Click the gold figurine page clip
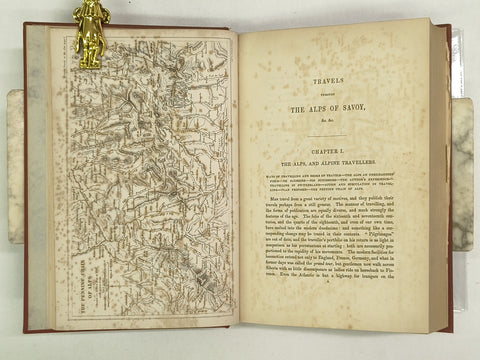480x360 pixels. pos(91,30)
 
